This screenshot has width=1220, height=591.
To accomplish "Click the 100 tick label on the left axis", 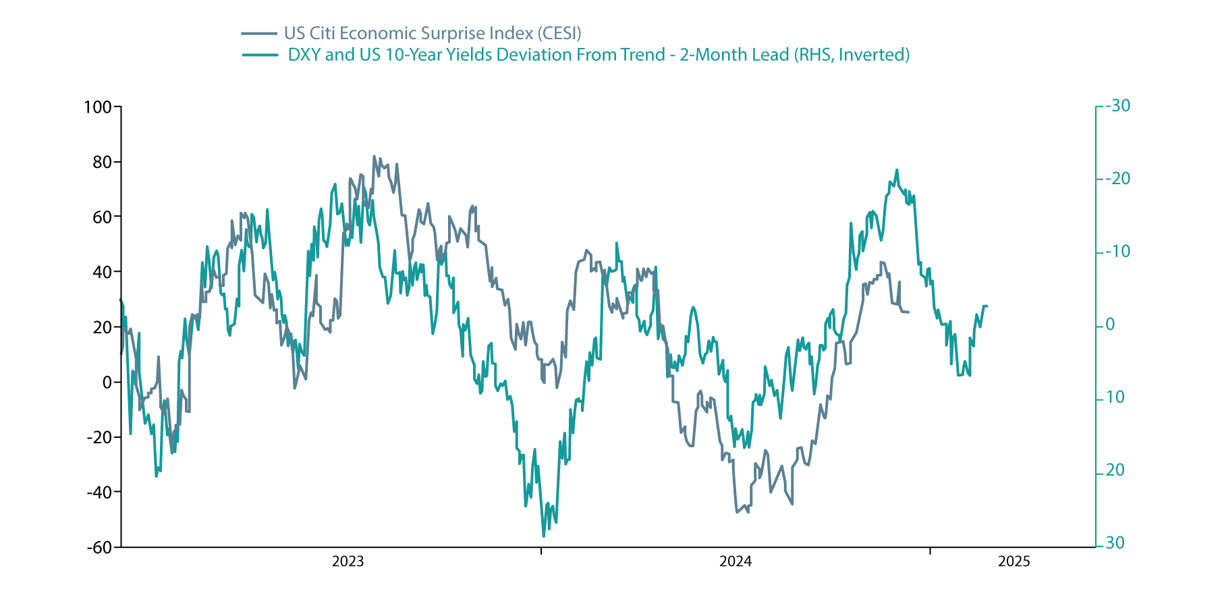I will tap(97, 107).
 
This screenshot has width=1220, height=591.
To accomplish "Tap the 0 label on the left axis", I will tap(107, 383).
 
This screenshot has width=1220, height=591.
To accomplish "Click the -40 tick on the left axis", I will tap(99, 492).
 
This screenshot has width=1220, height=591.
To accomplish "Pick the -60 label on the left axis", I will tap(99, 547).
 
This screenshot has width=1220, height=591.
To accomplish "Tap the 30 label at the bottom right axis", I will tap(1115, 543).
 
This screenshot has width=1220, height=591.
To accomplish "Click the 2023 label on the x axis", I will tap(348, 561).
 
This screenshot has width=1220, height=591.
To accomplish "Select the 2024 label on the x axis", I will tap(736, 561).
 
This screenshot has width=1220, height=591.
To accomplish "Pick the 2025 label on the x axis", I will tap(1014, 561).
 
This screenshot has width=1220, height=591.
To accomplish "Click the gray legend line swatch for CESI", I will tap(259, 33).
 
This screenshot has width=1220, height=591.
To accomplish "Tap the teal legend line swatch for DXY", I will tap(259, 55).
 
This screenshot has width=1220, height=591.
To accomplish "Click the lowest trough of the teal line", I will tap(543, 537).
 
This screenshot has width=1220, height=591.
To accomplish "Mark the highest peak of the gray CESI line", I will tap(374, 156).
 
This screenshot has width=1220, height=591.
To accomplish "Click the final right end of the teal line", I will tap(987, 306).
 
